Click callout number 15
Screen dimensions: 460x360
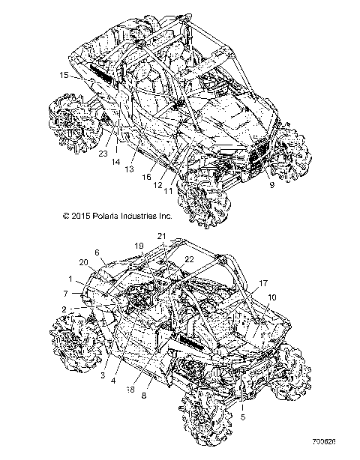(64, 76)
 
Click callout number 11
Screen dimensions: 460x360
(166, 191)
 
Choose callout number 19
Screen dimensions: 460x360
(139, 246)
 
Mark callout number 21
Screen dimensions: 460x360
(161, 236)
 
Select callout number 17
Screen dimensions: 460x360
(262, 283)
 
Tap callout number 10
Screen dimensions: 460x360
(271, 297)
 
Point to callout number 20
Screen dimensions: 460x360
(83, 261)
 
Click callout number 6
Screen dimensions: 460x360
(97, 252)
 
